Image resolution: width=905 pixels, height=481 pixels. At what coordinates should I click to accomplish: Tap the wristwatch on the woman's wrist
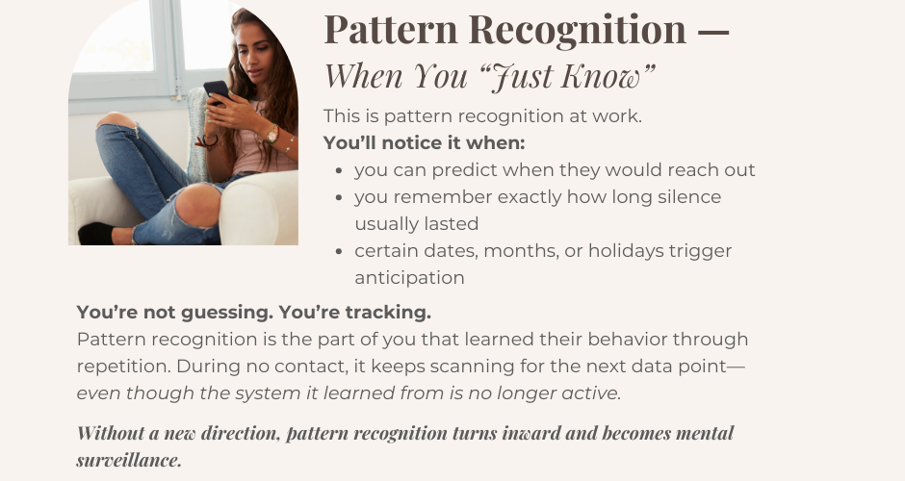[x=271, y=135]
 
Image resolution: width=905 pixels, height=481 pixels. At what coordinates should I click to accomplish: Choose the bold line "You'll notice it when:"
[x=424, y=142]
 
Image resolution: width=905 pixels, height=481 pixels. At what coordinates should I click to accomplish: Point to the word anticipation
[x=409, y=278]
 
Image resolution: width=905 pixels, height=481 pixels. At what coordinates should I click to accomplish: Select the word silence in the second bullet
[x=687, y=197]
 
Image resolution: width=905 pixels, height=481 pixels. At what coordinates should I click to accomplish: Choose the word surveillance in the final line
[x=129, y=459]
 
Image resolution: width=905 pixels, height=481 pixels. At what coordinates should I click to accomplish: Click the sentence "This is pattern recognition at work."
[x=482, y=116]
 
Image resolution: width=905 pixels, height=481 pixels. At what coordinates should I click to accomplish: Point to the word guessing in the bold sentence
[x=193, y=313]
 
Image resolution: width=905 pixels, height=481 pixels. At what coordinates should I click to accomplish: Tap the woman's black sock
[x=94, y=233]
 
